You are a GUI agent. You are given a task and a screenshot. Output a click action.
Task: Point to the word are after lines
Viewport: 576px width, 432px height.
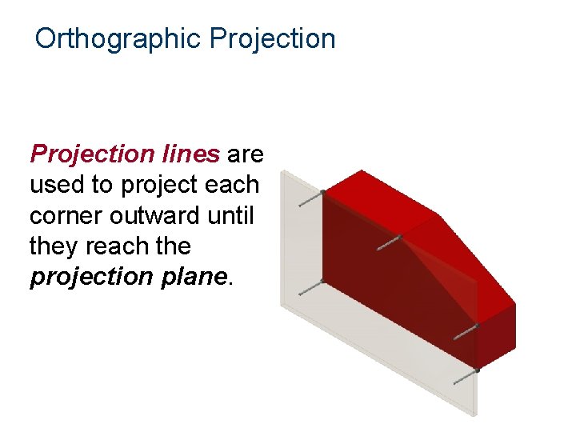point(246,153)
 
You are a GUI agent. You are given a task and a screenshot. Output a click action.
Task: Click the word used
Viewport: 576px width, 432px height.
point(57,185)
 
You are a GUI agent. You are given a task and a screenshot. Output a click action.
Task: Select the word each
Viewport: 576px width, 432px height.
point(231,185)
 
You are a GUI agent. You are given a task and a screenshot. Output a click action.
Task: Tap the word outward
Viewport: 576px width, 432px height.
point(155,216)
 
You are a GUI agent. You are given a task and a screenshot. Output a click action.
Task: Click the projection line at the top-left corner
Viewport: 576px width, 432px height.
point(310,198)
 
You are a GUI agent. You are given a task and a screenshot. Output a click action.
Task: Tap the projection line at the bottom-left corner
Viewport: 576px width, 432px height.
point(310,288)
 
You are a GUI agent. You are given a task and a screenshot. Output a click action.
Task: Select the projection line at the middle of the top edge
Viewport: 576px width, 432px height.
point(388,242)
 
